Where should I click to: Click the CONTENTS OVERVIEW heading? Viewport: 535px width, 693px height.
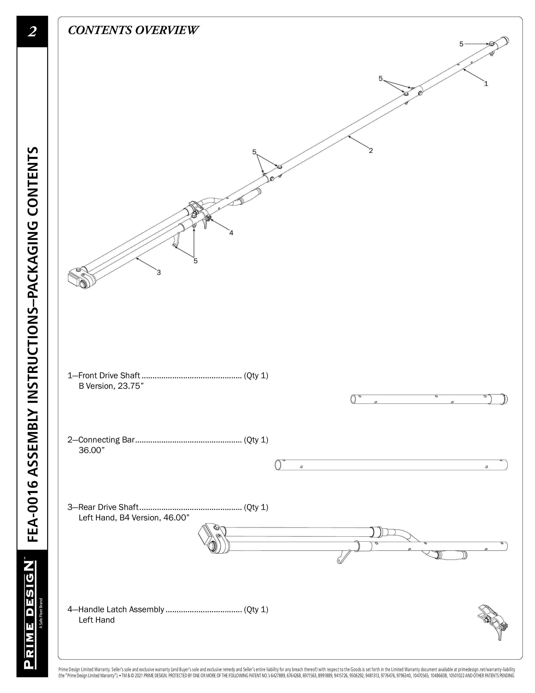[x=133, y=30]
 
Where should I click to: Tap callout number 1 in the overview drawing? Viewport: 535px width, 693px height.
[x=486, y=84]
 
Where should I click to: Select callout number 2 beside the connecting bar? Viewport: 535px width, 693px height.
[x=371, y=151]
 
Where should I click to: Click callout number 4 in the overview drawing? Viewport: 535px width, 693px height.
[x=231, y=233]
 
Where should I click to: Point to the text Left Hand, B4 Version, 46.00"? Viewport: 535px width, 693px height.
[x=134, y=517]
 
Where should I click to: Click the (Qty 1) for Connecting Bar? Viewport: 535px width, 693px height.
[x=256, y=440]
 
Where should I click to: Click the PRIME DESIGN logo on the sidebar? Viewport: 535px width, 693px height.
[x=29, y=615]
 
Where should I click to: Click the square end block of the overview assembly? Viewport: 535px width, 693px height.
[x=75, y=276]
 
